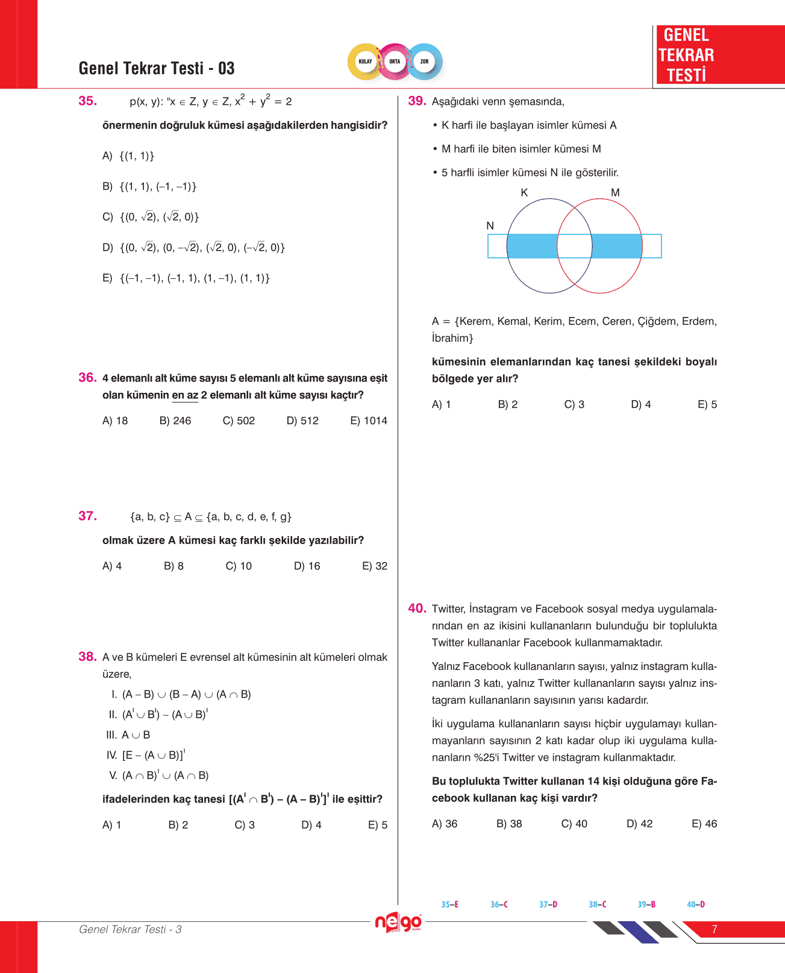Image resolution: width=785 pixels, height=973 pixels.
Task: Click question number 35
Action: [87, 101]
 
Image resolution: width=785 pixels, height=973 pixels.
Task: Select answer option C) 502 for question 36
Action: [239, 421]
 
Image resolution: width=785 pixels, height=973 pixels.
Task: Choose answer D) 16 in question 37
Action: [307, 566]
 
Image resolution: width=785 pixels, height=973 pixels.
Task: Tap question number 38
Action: [87, 657]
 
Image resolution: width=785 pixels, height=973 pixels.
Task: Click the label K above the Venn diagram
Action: [524, 193]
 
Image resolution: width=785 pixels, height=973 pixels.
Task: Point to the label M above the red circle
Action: [615, 193]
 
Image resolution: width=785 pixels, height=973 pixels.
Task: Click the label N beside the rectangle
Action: [490, 226]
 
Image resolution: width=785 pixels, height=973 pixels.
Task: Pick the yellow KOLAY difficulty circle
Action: [366, 61]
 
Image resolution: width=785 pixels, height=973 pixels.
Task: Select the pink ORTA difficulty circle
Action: [395, 61]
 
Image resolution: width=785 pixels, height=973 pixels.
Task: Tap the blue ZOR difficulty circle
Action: [425, 61]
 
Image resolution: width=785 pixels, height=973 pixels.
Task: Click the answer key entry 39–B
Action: [646, 904]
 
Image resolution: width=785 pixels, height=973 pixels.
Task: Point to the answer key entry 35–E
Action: [449, 904]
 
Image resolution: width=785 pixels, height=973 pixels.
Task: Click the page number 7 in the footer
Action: [715, 929]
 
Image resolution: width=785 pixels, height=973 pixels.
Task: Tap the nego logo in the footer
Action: [398, 922]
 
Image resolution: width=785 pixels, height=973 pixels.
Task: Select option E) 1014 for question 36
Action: [369, 421]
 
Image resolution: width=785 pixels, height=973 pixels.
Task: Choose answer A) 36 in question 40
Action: [445, 824]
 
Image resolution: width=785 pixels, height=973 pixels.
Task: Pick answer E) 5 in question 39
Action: [707, 404]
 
